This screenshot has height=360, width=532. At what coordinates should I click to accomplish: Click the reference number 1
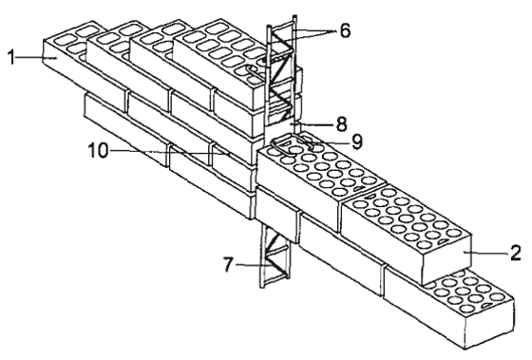12,57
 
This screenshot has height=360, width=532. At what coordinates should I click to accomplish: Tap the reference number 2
515,253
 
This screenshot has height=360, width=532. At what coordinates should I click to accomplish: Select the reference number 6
344,30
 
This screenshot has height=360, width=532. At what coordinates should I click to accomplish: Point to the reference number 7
228,264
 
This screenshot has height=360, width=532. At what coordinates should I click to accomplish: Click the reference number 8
341,124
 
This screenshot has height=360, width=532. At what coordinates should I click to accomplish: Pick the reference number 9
356,142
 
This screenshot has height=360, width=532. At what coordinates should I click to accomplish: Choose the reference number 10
99,150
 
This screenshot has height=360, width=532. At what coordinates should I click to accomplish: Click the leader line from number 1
36,58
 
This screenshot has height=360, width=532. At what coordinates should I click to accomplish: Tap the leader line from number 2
486,253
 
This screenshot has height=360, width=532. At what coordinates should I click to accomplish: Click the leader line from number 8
313,124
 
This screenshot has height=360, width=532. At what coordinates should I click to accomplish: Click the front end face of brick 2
446,259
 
